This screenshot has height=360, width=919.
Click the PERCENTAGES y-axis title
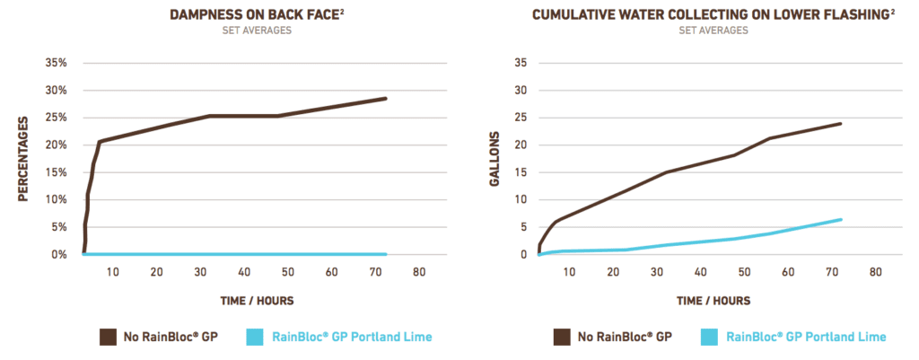click(23, 159)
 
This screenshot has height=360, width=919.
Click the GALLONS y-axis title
click(494, 159)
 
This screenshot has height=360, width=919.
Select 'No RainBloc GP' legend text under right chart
click(625, 337)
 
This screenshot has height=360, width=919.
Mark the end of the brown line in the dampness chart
click(386, 98)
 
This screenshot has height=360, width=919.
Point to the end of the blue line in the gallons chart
click(841, 219)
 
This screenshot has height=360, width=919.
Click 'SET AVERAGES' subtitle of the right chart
click(712, 30)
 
